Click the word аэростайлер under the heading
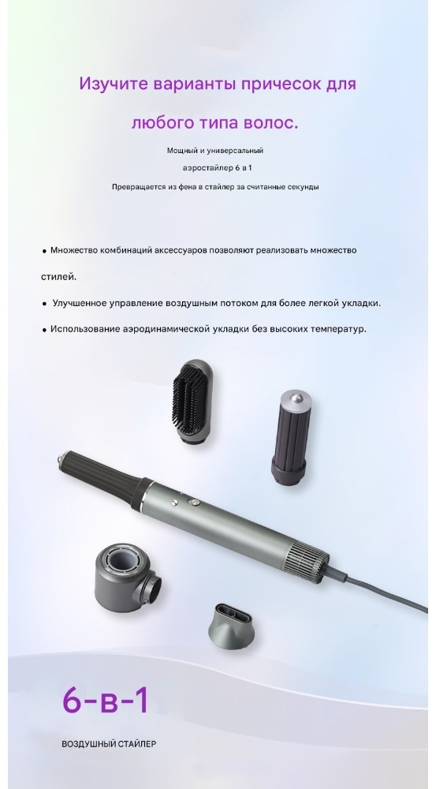coord(204,168)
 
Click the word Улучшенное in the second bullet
coord(80,304)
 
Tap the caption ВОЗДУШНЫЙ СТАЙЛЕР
coord(109,744)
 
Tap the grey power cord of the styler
coord(377,589)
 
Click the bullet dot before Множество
coord(44,251)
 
